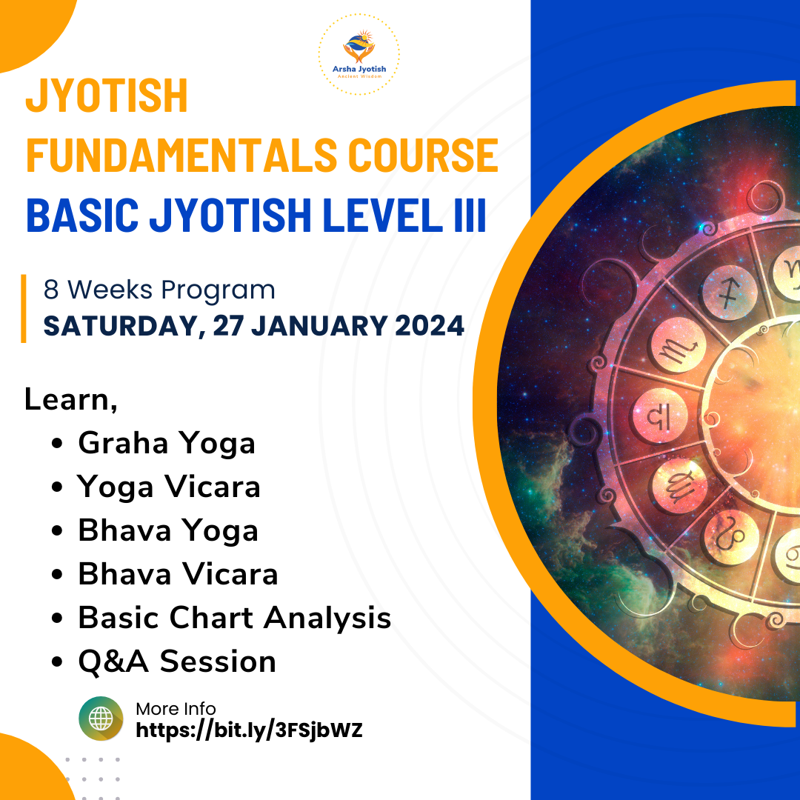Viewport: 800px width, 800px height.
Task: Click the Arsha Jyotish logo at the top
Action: [359, 55]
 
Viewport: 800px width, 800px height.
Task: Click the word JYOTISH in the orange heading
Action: [107, 96]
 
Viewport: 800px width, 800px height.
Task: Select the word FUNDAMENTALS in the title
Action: [181, 155]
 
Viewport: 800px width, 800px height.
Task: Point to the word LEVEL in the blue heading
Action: [383, 215]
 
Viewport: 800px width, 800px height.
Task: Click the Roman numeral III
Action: [470, 215]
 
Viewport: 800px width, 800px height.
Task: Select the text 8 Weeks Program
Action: [159, 290]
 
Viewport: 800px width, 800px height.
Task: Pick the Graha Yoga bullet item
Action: [167, 444]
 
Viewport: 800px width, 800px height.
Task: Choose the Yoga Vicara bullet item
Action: [169, 487]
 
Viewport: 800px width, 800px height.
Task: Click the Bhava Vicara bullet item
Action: [178, 574]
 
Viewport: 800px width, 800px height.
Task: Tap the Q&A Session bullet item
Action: [177, 661]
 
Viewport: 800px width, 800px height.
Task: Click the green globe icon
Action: [101, 719]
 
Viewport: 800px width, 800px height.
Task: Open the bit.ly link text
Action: [249, 730]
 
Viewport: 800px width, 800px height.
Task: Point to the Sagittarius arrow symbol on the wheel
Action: [729, 294]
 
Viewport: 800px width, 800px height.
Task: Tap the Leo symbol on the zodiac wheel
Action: [730, 537]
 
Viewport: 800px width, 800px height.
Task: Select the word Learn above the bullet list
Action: [70, 399]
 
